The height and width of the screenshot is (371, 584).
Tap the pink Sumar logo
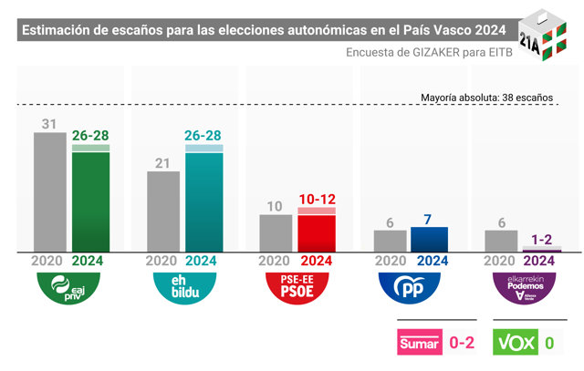pos(420,342)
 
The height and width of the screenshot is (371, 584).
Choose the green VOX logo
pos(516,342)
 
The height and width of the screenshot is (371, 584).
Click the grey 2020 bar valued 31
pos(50,192)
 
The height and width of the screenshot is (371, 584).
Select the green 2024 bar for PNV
pos(90,199)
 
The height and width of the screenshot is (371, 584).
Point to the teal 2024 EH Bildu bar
pos(204,199)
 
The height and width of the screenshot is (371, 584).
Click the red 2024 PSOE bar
pos(317,230)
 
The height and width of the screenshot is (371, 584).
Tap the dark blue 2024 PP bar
pos(430,240)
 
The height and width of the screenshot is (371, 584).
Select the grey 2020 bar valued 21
pos(163,211)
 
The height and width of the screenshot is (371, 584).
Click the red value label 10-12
pos(318,200)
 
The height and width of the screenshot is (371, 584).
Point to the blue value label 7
pos(428,220)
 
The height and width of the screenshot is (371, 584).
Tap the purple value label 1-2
pos(541,240)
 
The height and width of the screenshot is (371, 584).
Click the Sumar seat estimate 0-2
pos(462,343)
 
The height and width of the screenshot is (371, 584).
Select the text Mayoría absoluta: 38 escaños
pos(486,98)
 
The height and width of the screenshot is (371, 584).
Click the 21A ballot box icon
pos(543,35)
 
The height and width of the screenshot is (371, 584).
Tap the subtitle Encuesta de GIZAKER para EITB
pos(429,53)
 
